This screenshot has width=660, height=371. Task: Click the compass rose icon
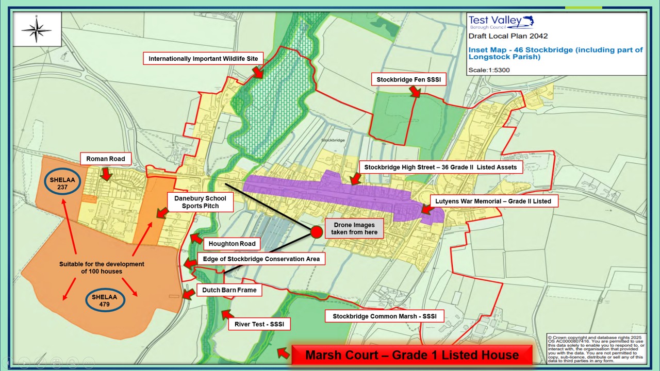coord(37,29)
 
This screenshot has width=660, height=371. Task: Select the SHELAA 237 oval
coord(62,183)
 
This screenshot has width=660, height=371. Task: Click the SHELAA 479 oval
coord(105,300)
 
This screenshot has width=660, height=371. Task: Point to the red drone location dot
coord(317,232)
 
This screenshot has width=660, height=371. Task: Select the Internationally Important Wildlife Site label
coord(203,59)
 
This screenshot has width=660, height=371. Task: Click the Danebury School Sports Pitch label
coord(200,202)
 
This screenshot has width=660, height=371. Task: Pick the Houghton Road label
coord(232,244)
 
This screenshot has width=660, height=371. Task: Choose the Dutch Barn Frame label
coord(229,290)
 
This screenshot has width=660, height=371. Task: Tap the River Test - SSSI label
coord(259,324)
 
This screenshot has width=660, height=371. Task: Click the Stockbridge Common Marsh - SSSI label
coord(385,316)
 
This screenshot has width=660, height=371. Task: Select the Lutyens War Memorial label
coord(494,201)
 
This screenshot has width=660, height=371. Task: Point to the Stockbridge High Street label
coord(440,167)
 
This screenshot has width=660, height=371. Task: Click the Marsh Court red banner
coord(411,355)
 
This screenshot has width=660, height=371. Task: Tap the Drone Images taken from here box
coord(356,229)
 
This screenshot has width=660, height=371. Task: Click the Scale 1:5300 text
coord(489,70)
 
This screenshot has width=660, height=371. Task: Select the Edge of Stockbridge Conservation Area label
coord(261,259)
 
